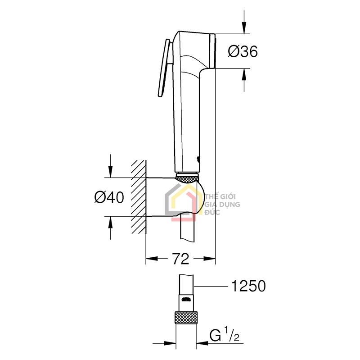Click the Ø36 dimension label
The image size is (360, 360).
click(x=243, y=52)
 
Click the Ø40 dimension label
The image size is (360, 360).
click(x=109, y=197)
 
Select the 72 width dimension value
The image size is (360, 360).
click(x=180, y=259)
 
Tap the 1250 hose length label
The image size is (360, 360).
click(x=248, y=285)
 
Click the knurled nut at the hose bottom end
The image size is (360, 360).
click(x=186, y=317)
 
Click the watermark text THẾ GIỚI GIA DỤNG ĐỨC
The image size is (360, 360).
click(x=222, y=204)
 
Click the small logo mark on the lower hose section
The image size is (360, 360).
click(x=186, y=299)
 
